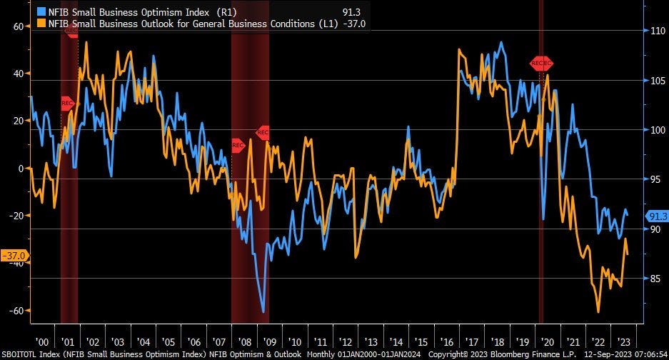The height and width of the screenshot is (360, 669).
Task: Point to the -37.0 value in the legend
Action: point(355,23)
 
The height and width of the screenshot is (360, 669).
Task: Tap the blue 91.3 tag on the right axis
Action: point(656,216)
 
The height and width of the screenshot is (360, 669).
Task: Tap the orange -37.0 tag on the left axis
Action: point(14,255)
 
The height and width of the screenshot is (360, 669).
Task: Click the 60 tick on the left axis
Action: point(18,26)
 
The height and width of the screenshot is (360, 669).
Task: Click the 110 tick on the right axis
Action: point(657,31)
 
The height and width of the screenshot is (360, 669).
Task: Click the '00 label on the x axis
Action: point(42,341)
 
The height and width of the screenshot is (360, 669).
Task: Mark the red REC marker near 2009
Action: point(262,132)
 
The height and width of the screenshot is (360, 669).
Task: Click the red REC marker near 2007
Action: point(238,146)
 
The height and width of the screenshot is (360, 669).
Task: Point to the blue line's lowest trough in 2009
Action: point(263,311)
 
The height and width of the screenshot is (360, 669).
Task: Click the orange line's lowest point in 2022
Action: point(598,311)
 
